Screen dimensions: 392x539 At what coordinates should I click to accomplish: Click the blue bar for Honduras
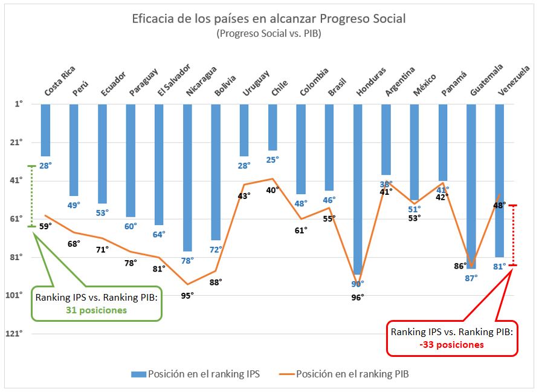pyautogui.click(x=358, y=189)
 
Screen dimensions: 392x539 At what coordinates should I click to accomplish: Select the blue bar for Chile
pyautogui.click(x=273, y=127)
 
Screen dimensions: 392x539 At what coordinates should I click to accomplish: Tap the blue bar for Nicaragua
pyautogui.click(x=188, y=177)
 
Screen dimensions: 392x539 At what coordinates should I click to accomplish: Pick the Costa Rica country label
pyautogui.click(x=60, y=80)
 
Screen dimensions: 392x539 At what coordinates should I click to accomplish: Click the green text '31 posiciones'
pyautogui.click(x=97, y=310)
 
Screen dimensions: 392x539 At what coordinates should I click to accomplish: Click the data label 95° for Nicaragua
pyautogui.click(x=187, y=296)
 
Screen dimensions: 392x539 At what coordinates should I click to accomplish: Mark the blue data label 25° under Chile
pyautogui.click(x=273, y=160)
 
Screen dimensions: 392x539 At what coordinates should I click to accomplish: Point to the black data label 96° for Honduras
pyautogui.click(x=358, y=296)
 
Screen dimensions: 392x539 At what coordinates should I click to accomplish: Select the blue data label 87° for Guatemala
pyautogui.click(x=471, y=277)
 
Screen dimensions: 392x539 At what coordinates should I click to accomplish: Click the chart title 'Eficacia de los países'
pyautogui.click(x=269, y=19)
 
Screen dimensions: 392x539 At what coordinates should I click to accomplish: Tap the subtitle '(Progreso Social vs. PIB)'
pyautogui.click(x=269, y=34)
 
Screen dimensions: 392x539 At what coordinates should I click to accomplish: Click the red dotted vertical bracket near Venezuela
pyautogui.click(x=512, y=235)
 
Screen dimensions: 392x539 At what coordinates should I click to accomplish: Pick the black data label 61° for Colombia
pyautogui.click(x=301, y=230)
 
